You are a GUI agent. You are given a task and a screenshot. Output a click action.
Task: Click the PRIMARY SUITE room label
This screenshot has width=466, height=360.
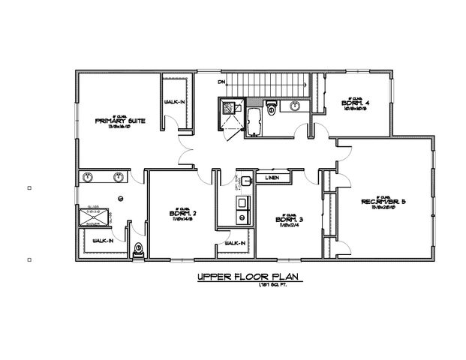coord(120,120)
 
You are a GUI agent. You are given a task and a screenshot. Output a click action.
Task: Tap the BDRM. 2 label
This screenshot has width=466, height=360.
coord(183,212)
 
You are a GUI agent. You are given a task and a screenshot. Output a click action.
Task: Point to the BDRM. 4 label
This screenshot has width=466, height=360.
coord(353,103)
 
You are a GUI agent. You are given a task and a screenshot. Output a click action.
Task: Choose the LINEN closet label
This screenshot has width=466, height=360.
coord(273,178)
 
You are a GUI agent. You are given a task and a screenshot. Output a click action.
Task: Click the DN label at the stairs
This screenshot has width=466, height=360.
coord(221,81)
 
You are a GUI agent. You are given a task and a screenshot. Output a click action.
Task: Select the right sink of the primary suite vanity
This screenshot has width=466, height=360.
coord(119,178)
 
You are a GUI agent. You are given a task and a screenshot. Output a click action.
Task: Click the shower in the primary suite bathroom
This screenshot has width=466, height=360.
coord(94,217)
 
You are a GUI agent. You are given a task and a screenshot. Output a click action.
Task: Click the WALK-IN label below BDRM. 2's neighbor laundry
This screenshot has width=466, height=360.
coord(235,243)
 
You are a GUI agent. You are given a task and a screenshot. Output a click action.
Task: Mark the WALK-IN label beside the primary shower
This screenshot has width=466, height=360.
coord(103,241)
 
